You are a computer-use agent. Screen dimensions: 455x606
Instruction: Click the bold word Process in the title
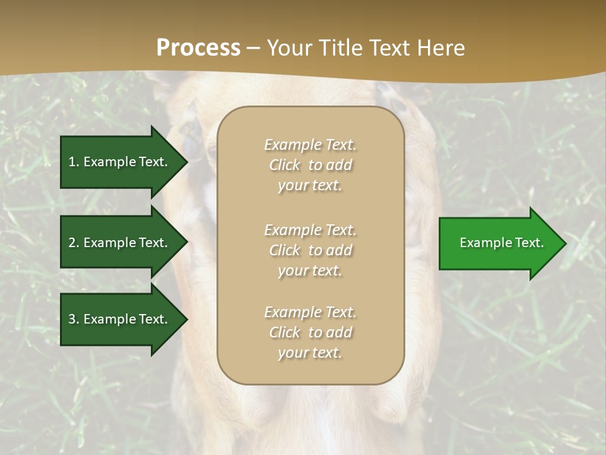click(198, 48)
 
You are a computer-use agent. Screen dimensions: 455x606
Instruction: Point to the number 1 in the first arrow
click(72, 162)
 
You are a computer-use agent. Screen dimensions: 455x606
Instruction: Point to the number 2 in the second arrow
click(72, 243)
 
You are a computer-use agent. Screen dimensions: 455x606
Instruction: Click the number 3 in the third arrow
click(72, 319)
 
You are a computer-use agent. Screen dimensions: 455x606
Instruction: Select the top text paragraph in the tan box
click(310, 165)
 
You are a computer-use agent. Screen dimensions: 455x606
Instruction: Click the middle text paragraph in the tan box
click(310, 250)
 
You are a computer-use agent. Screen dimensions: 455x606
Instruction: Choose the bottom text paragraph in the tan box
click(310, 332)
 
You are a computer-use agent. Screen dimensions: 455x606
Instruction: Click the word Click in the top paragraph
click(285, 165)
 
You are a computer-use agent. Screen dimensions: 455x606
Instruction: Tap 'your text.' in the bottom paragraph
click(310, 353)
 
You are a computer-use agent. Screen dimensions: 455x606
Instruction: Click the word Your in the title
click(290, 48)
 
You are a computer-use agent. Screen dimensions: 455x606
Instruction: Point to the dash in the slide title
click(254, 49)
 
